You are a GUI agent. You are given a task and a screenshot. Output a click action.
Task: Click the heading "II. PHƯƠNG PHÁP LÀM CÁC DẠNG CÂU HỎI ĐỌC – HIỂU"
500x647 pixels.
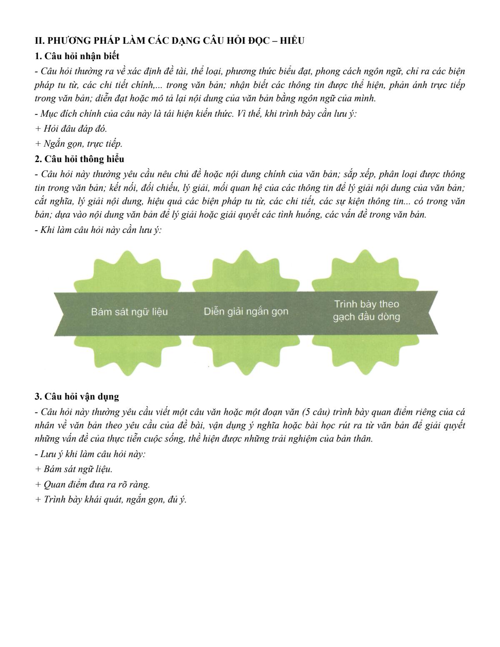coord(170,41)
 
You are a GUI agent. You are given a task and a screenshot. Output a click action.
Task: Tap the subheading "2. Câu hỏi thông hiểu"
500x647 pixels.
coord(79,159)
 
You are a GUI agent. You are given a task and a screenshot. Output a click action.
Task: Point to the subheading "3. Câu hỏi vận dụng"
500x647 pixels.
coord(77,396)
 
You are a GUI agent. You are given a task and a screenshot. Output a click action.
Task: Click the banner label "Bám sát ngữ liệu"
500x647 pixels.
coord(130,312)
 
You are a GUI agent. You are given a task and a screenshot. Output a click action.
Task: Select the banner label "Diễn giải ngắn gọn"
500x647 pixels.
coord(246,311)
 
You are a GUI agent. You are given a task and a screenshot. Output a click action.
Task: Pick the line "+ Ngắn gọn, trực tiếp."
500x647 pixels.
coord(79,144)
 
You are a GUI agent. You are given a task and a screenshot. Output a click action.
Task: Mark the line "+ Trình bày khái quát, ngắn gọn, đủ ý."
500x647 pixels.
coord(111,499)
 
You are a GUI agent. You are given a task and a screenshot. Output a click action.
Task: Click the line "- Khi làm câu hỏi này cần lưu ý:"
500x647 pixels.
coord(98,230)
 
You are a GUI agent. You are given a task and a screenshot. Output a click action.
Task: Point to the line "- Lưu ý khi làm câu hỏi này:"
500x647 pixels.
coord(90,454)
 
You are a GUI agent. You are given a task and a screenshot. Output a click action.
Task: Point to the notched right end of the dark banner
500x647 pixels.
coord(433,312)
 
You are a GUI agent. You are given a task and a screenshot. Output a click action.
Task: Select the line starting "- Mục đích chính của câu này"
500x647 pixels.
coord(196,114)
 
